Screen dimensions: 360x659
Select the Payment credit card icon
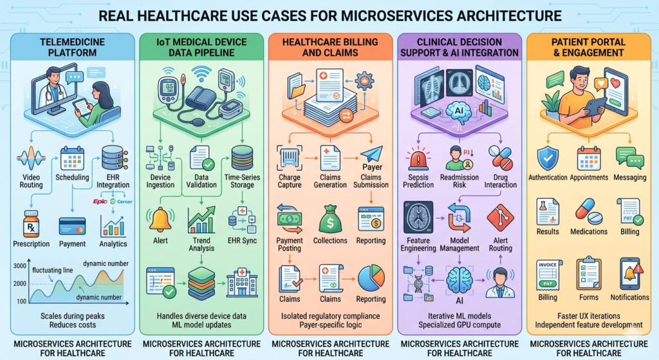tap(72, 225)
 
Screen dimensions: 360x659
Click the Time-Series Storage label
tap(242, 180)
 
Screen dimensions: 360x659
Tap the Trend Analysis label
tap(201, 245)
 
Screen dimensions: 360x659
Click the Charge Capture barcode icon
tap(289, 156)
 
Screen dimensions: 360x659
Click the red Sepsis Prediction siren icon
tap(418, 158)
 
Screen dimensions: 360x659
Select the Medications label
tap(589, 231)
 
